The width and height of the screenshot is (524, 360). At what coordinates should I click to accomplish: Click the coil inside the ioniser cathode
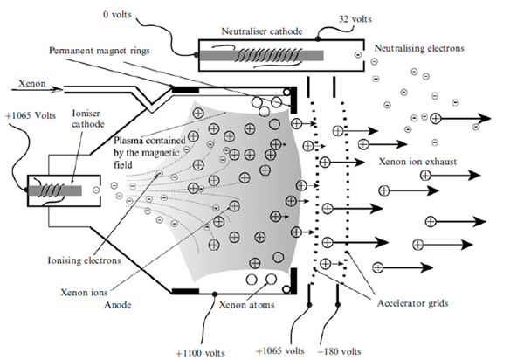click(x=58, y=187)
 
